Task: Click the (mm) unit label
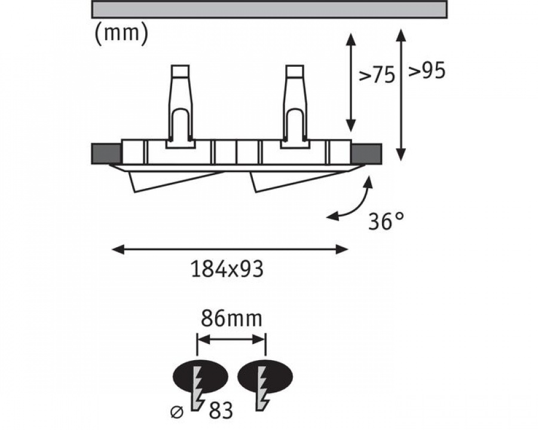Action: pos(121,33)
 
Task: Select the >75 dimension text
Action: pos(377,75)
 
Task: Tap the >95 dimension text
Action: pos(426,71)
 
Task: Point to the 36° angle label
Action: pos(386,221)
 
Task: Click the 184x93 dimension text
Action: pos(227,269)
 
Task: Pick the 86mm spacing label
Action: pos(231,318)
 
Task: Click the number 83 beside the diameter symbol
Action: pos(221,410)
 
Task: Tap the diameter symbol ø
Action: pos(178,412)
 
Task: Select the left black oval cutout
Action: pos(200,376)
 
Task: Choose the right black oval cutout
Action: pos(265,376)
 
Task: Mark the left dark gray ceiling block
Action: pos(106,153)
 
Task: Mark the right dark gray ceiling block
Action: pos(367,153)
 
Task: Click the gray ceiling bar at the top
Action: pos(270,10)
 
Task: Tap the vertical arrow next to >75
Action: pos(350,82)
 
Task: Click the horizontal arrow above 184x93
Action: pos(230,249)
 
